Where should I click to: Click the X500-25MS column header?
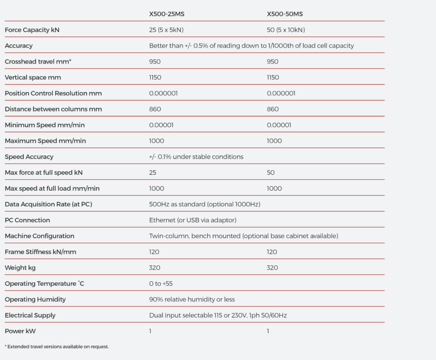coord(166,14)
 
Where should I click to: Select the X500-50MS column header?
coord(285,14)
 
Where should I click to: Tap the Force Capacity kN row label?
coord(32,30)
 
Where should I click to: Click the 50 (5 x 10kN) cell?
coord(286,30)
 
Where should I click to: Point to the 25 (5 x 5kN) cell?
coord(166,30)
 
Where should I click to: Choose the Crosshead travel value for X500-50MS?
coord(273,62)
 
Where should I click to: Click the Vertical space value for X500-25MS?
coord(155,78)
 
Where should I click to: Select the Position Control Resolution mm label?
coord(53,93)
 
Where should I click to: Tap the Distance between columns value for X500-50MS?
coord(273,109)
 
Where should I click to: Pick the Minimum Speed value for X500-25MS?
coord(161,125)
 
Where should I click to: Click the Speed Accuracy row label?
coord(29,157)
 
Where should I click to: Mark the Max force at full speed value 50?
coord(271,173)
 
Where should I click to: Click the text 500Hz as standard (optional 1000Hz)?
coord(205,204)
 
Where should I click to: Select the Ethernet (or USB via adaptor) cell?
coord(193,220)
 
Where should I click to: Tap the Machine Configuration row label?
coord(40,236)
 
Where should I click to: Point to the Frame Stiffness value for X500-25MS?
coord(154,252)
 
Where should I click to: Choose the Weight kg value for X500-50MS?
coord(272,268)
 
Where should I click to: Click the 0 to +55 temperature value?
coord(161,284)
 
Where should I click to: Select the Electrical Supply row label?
coord(30,316)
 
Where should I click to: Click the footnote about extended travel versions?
coord(57,347)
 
